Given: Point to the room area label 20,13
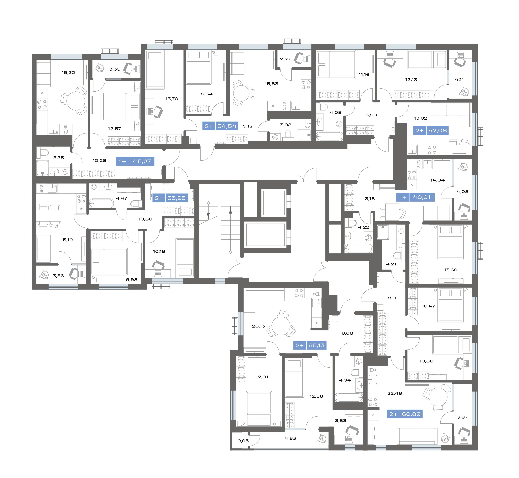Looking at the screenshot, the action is pyautogui.click(x=259, y=326).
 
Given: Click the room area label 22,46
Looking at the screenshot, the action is pyautogui.click(x=395, y=393).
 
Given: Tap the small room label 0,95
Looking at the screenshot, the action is pyautogui.click(x=243, y=441).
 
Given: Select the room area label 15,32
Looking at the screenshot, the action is pyautogui.click(x=68, y=72).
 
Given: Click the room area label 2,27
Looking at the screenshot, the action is pyautogui.click(x=285, y=59).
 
